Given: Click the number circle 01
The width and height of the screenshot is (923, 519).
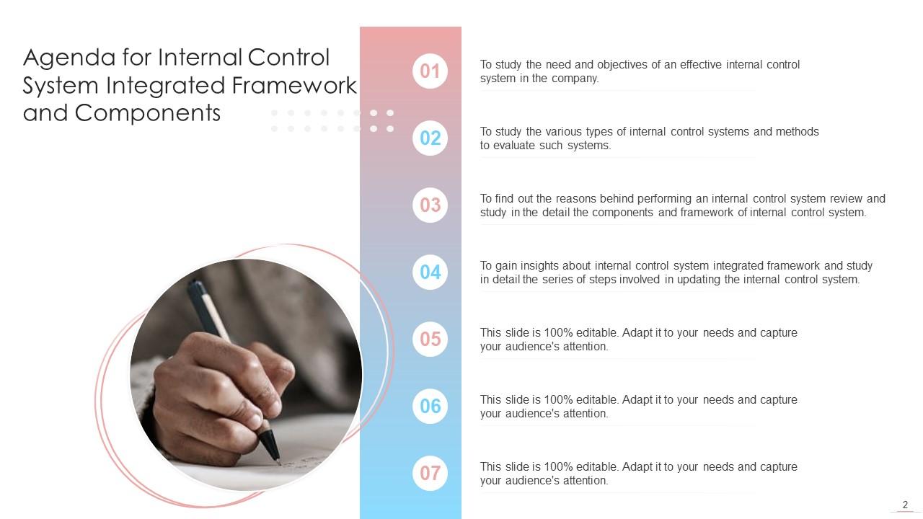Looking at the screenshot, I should [x=430, y=71].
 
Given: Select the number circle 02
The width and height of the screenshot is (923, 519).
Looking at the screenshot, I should [x=430, y=138].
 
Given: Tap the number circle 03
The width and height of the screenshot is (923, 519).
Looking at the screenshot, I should [x=430, y=205].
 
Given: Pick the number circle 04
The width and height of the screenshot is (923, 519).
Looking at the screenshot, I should [x=430, y=272].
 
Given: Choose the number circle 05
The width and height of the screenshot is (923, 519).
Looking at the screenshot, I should [x=430, y=339].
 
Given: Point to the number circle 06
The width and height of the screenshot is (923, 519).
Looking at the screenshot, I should [x=430, y=406].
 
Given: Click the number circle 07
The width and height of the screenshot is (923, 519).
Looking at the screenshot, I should [x=430, y=473].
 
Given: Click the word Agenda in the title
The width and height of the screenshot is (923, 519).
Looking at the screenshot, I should [x=66, y=58].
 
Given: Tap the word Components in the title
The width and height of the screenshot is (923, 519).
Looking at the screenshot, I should [x=148, y=113].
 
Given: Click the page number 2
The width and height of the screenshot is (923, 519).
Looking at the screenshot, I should [x=905, y=505].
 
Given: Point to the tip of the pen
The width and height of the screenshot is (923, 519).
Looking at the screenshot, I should [x=278, y=461].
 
